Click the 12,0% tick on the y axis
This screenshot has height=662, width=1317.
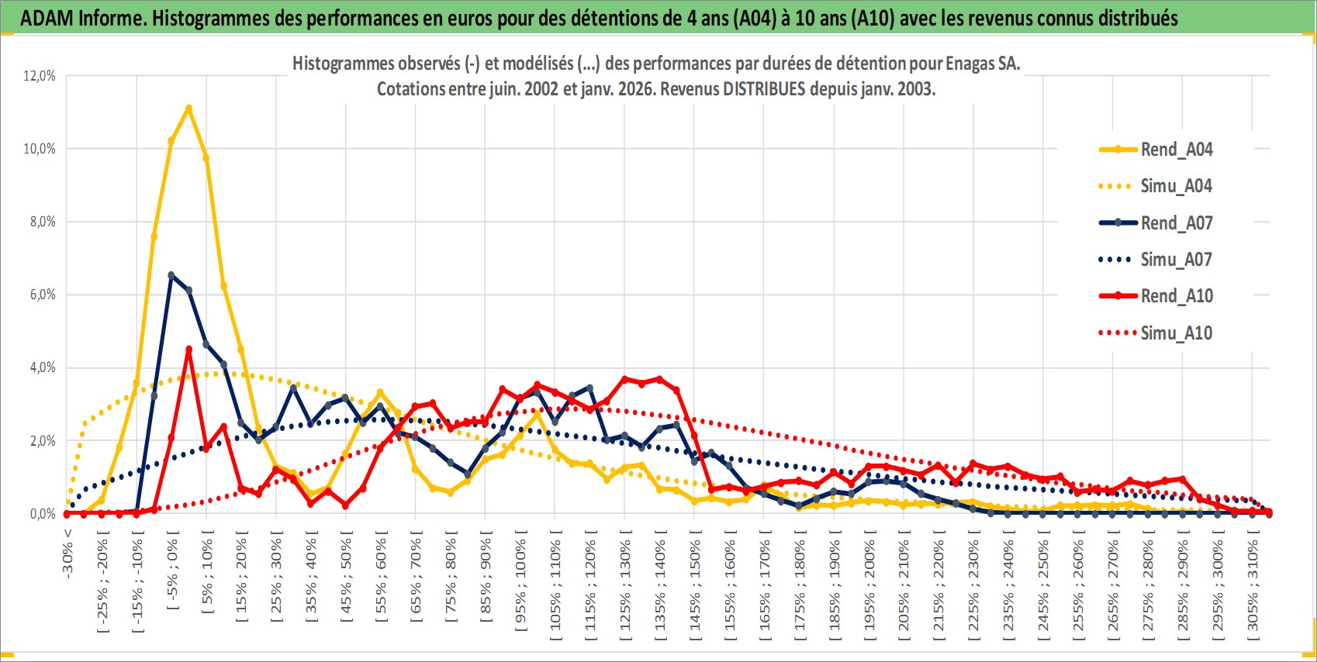click(40, 76)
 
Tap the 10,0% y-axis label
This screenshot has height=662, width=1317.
click(40, 149)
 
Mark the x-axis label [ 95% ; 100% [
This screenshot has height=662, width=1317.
click(520, 581)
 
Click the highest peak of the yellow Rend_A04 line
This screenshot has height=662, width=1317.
click(188, 109)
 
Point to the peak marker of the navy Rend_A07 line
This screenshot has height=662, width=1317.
click(171, 275)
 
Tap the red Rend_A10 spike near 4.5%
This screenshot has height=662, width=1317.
click(188, 350)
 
